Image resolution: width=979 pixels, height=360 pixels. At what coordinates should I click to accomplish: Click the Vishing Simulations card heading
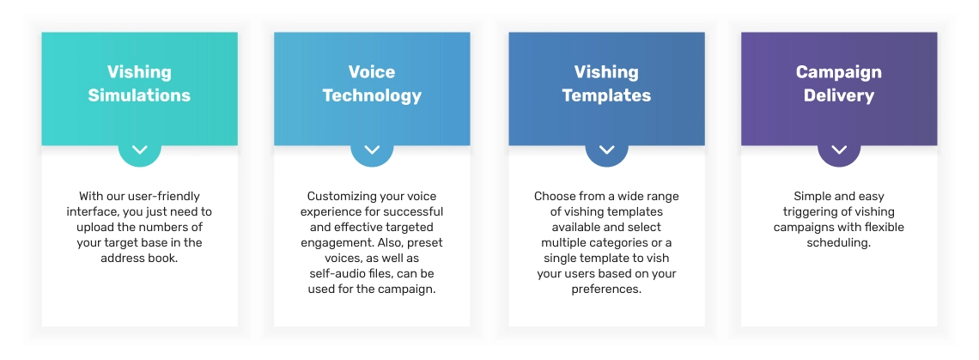[139, 83]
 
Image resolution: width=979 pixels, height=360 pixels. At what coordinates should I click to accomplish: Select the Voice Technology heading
[372, 83]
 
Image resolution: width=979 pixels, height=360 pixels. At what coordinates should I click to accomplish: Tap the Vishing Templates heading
[606, 83]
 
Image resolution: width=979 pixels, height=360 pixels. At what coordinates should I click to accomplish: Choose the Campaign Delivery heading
[838, 83]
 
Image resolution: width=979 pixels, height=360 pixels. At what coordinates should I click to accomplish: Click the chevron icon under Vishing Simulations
[140, 150]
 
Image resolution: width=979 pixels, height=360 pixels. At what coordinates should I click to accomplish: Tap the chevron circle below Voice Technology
[372, 150]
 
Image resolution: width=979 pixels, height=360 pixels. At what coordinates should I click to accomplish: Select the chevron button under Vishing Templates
[606, 150]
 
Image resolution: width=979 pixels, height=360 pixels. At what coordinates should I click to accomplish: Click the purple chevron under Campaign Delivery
[839, 150]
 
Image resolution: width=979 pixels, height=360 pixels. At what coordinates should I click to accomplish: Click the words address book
[139, 258]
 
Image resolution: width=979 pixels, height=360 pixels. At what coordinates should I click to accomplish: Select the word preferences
[606, 290]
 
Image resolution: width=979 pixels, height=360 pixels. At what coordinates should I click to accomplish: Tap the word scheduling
[838, 243]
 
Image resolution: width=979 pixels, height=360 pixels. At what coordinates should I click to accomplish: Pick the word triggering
[808, 212]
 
